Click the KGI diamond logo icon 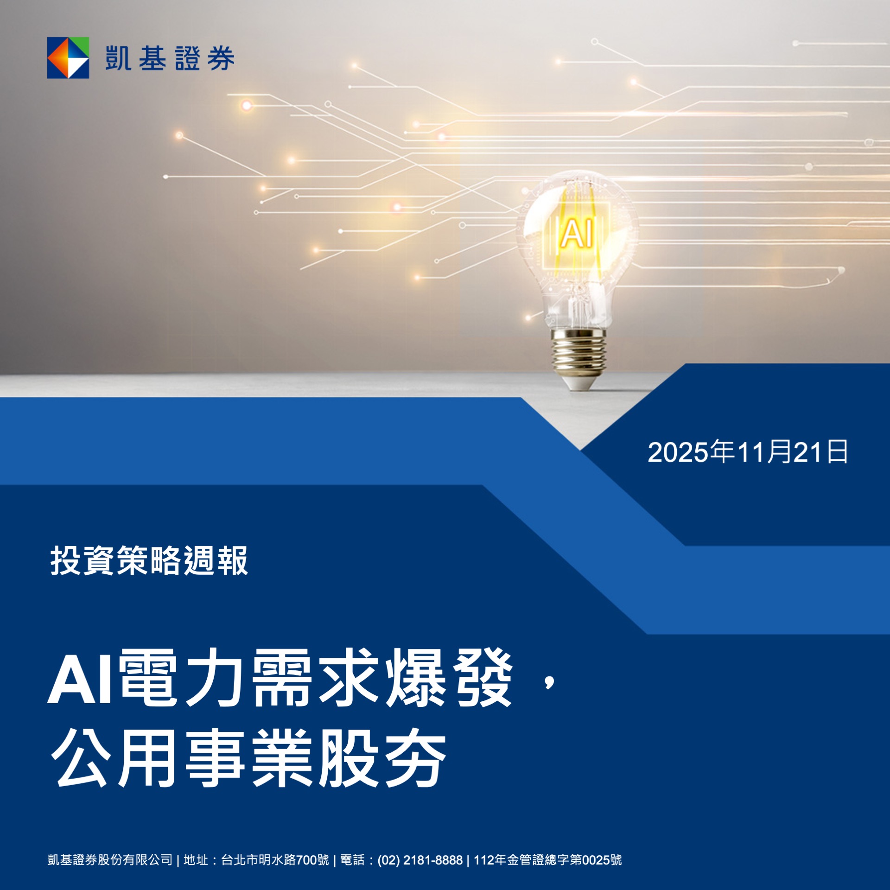[x=68, y=58]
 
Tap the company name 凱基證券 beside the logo [x=170, y=58]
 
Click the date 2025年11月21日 [x=748, y=452]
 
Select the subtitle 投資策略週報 [x=149, y=560]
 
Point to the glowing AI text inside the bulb [x=577, y=234]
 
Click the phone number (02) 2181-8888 [x=420, y=860]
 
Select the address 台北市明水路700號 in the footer [x=275, y=860]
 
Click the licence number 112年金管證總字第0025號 [x=547, y=860]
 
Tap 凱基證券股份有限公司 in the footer [x=110, y=860]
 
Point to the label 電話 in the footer [x=352, y=860]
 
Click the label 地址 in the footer [x=196, y=860]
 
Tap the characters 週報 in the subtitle [x=216, y=560]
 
